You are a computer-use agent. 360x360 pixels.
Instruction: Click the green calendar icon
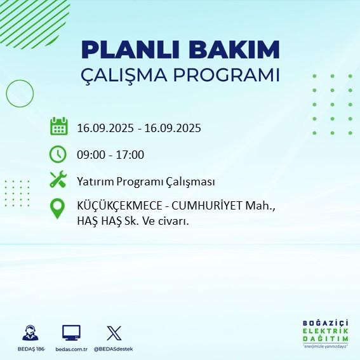click(58, 126)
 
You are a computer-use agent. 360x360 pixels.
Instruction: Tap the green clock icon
click(58, 154)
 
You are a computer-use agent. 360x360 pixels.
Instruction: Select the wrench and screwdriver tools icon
click(58, 180)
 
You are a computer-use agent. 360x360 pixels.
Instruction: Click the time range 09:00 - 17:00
click(110, 154)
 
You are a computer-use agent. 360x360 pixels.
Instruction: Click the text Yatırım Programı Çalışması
click(145, 182)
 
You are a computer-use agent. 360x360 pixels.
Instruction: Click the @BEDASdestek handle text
click(114, 349)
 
